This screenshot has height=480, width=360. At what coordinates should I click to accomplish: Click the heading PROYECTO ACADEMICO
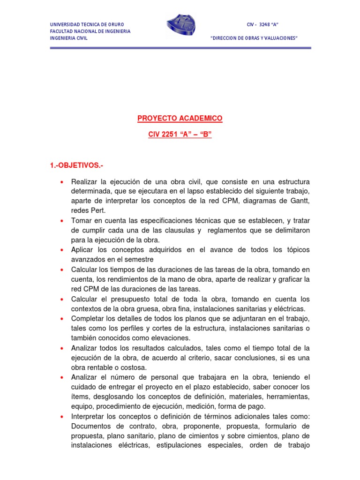click(180, 119)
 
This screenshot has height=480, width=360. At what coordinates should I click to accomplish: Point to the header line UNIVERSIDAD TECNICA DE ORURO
click(87, 24)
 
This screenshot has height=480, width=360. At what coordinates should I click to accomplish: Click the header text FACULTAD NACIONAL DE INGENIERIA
click(90, 31)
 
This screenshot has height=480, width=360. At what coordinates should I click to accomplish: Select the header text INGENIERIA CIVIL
click(69, 38)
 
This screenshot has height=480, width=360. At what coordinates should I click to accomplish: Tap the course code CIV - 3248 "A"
click(263, 24)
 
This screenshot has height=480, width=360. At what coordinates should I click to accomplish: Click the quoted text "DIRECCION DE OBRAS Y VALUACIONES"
click(255, 38)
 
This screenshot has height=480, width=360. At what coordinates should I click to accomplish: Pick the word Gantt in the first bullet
click(300, 201)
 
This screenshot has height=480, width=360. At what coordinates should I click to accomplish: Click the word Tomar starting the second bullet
click(81, 221)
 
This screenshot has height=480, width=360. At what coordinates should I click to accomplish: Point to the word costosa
click(133, 367)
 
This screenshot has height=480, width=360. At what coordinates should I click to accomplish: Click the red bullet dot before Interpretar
click(62, 417)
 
